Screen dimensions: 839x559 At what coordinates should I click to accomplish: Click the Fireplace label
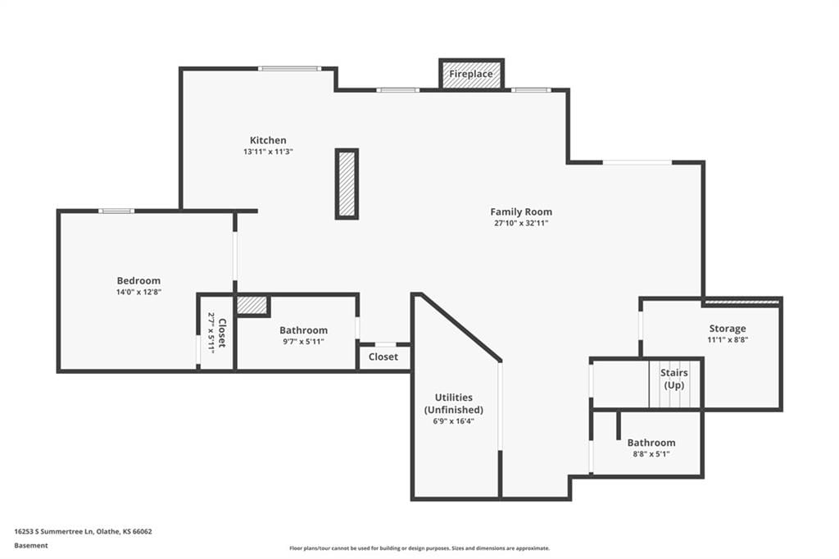(x=471, y=74)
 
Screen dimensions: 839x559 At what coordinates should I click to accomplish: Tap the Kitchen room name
(x=268, y=140)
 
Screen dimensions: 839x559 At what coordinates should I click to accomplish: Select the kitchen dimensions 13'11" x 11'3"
(x=268, y=152)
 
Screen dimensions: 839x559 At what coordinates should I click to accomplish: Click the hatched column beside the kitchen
(x=347, y=184)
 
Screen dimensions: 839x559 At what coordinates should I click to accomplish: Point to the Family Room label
(x=521, y=212)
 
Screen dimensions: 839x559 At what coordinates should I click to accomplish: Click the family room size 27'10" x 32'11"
(x=521, y=223)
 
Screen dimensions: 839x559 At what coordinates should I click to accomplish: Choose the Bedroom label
(x=138, y=280)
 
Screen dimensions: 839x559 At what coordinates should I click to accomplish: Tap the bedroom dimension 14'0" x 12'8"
(x=138, y=293)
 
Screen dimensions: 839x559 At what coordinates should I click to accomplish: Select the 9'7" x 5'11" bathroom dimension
(x=303, y=342)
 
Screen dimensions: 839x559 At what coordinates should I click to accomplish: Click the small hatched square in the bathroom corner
(x=252, y=305)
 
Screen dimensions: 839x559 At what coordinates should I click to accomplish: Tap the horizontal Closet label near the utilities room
(x=383, y=357)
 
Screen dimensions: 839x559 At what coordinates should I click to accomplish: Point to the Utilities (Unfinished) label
(x=454, y=403)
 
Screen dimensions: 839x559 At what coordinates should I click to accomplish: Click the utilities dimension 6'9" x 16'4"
(x=454, y=421)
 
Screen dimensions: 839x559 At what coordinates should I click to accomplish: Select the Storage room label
(x=728, y=328)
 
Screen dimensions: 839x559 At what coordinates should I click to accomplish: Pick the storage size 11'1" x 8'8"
(x=728, y=339)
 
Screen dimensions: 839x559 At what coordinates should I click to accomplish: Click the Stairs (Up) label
(x=674, y=379)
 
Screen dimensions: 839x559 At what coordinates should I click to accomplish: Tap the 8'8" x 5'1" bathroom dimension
(x=651, y=454)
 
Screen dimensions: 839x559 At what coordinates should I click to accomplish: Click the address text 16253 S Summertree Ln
(x=54, y=532)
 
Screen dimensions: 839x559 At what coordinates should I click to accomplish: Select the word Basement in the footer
(x=31, y=546)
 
